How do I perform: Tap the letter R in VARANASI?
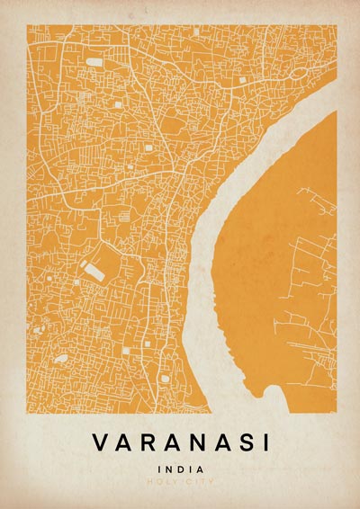146,443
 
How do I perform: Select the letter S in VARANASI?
239,443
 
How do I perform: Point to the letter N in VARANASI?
193,443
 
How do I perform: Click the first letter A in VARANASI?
122,443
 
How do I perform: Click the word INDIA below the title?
180,469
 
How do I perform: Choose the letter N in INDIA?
170,469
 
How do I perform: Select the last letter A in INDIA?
200,469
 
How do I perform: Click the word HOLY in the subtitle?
167,483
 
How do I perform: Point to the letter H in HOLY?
158,483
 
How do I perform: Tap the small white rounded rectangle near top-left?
94,62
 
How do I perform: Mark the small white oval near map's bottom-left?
60,359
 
